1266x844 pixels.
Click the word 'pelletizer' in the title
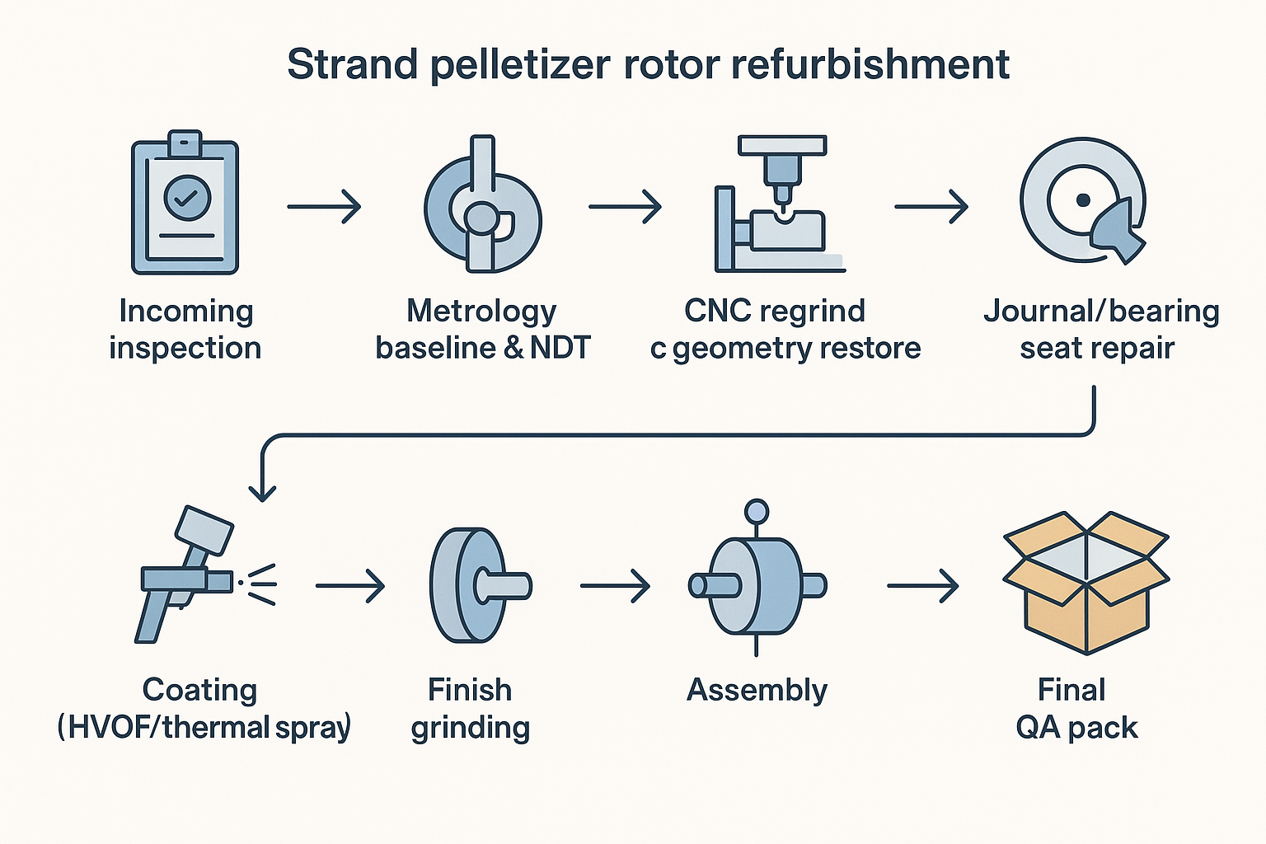[521, 65]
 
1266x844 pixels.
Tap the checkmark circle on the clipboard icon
[188, 197]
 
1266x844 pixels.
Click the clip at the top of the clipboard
[185, 143]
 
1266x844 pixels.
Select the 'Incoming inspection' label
[185, 329]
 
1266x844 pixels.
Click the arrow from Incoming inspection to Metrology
[324, 206]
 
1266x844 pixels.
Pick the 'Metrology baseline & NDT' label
[482, 329]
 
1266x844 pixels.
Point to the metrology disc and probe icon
[482, 210]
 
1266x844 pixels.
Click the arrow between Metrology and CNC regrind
[625, 206]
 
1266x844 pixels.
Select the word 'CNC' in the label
[717, 311]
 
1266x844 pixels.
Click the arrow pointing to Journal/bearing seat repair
[931, 206]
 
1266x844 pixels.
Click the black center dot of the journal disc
[1083, 200]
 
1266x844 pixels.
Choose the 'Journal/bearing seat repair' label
[1100, 329]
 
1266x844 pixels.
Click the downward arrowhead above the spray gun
[262, 493]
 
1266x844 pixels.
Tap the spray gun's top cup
[204, 529]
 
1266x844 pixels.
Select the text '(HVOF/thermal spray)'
[204, 727]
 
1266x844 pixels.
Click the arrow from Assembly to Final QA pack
[923, 586]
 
